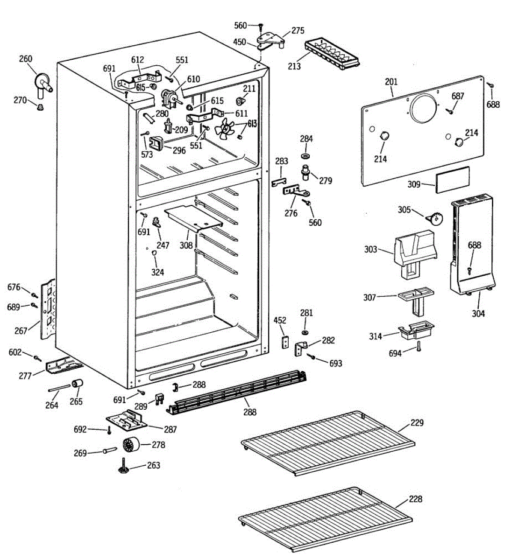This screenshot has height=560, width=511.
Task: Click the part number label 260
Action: pos(26,59)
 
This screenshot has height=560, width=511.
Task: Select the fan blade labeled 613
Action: pos(225,128)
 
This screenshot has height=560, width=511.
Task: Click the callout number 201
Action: pos(391,82)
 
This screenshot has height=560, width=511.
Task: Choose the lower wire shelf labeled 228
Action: pos(325,518)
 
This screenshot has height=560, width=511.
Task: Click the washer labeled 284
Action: pos(306,154)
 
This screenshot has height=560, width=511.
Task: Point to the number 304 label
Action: pos(478,314)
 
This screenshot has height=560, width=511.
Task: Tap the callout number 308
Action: pos(186,245)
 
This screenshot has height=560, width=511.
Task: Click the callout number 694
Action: pos(395,353)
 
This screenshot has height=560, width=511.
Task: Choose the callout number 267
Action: pos(21,330)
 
